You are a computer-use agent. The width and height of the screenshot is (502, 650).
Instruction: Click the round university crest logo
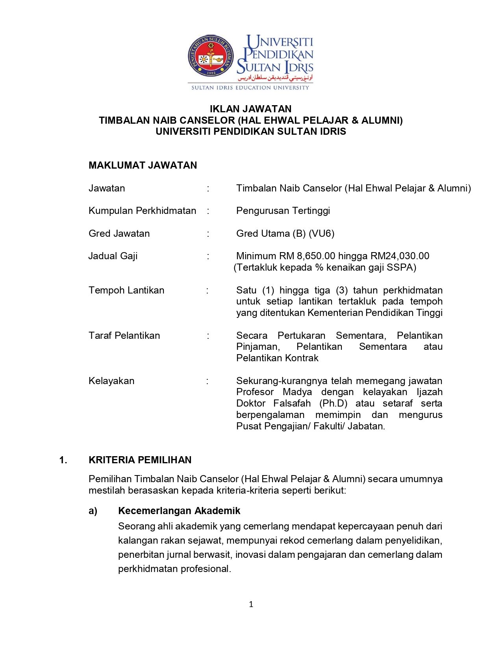(211, 56)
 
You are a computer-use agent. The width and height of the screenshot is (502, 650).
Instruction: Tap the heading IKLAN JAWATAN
(250, 109)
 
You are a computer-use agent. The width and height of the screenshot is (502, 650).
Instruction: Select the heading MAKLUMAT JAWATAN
(143, 165)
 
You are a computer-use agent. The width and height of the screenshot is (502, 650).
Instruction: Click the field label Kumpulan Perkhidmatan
(142, 211)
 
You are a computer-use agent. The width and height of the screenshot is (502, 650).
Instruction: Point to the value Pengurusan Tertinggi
(283, 211)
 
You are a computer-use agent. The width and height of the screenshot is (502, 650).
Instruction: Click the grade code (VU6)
(322, 234)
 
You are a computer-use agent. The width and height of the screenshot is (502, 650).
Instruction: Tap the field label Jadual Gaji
(113, 256)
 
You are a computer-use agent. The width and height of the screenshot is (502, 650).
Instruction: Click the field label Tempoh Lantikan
(126, 290)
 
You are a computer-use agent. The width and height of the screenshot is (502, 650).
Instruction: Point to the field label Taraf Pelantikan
(124, 336)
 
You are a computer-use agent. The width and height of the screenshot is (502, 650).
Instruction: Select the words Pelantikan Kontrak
(277, 358)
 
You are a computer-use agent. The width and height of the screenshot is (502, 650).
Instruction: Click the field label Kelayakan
(111, 381)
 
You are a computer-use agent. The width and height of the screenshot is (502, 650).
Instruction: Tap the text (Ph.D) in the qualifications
(333, 403)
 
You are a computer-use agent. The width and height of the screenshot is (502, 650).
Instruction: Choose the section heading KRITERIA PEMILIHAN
(140, 460)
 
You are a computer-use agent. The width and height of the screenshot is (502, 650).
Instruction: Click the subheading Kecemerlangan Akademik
(179, 511)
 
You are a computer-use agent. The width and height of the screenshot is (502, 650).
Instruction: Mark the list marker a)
(93, 511)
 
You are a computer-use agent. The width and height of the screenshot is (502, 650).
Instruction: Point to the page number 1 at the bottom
(251, 604)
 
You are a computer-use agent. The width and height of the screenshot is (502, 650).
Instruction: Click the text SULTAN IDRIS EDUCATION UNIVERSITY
(250, 88)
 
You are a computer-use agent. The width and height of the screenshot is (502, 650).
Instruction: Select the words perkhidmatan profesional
(174, 569)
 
